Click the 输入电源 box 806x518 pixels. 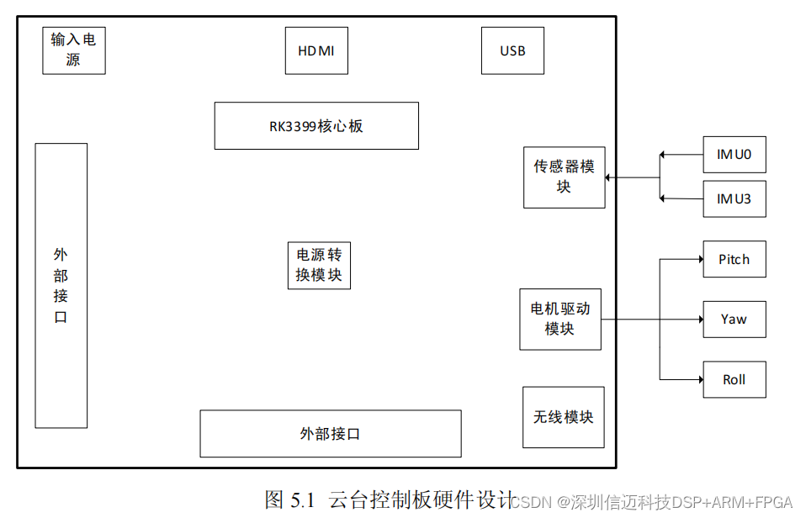click(x=74, y=50)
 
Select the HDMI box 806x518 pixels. click(x=316, y=50)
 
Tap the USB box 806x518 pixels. click(x=512, y=50)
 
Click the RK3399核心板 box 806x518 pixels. click(x=316, y=126)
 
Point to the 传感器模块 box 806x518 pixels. click(x=564, y=177)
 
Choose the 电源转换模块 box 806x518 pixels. click(x=319, y=265)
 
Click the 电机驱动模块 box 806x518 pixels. click(x=560, y=319)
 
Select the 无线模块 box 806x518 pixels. click(x=563, y=416)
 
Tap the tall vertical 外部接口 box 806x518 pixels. click(x=61, y=285)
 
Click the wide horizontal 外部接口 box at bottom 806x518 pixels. click(x=330, y=433)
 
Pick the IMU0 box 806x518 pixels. click(x=734, y=155)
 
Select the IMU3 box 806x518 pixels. click(x=734, y=199)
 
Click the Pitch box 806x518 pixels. click(x=734, y=259)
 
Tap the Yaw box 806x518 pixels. click(x=734, y=320)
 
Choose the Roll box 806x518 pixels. click(x=734, y=379)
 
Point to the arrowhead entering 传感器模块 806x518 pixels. click(x=609, y=177)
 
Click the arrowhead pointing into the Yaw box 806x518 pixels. click(x=699, y=320)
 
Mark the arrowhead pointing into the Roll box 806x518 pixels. click(x=699, y=379)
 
